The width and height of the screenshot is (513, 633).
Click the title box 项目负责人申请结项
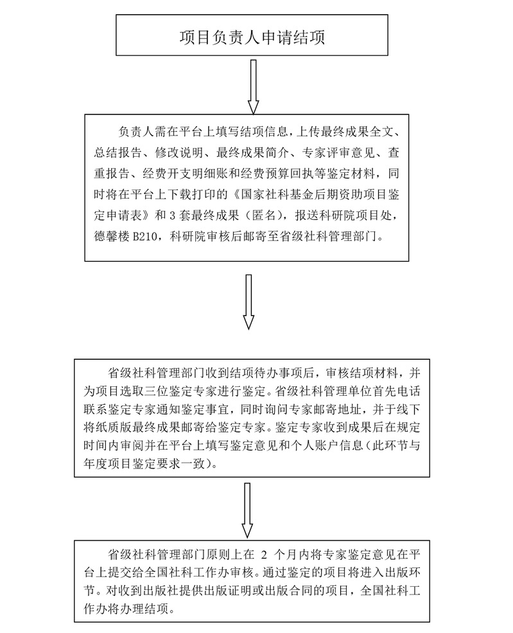click(x=252, y=37)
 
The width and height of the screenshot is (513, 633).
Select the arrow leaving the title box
click(x=253, y=87)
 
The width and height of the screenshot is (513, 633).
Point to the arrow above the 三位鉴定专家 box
click(x=248, y=302)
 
